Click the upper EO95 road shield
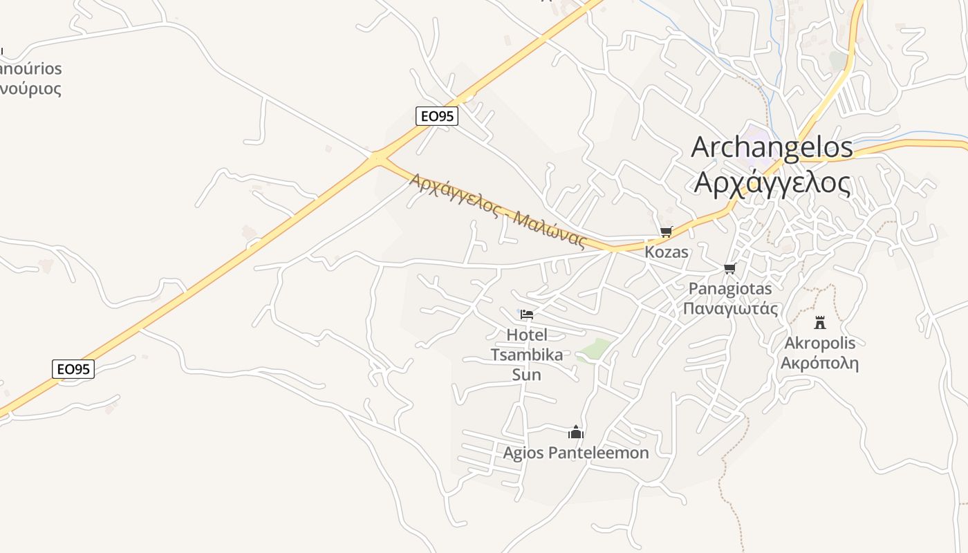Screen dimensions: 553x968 tap(437, 116)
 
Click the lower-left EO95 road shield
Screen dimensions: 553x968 tap(73, 369)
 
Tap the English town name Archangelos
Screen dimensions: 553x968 tap(772, 147)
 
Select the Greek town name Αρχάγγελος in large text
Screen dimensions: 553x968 tap(772, 182)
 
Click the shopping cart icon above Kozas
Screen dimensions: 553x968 tap(666, 232)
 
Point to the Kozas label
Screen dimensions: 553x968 tap(667, 252)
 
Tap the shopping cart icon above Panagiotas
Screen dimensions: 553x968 tap(729, 268)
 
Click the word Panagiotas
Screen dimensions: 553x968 tap(730, 288)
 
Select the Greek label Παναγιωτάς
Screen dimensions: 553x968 tap(730, 308)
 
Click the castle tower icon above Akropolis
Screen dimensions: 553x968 tap(820, 322)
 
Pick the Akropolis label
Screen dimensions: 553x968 tap(820, 344)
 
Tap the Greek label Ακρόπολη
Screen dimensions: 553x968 tap(820, 364)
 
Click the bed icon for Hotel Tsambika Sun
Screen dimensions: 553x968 tap(527, 315)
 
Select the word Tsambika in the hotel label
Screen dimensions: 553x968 tap(527, 355)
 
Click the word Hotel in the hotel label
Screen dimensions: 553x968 tap(527, 335)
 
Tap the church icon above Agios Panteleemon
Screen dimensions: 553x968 tap(576, 433)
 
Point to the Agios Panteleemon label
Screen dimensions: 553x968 tap(576, 453)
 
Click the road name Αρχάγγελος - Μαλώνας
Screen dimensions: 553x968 tap(498, 210)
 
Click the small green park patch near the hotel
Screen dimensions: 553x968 tap(595, 350)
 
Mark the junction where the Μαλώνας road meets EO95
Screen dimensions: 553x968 tap(378, 158)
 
